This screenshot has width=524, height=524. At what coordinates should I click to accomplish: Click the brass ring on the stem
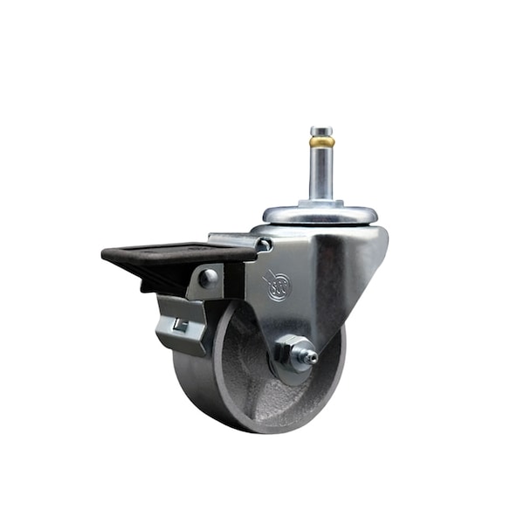coord(322,141)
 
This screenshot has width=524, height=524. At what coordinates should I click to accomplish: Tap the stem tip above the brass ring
coord(322,131)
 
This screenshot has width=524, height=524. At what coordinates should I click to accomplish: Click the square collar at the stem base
coord(322,203)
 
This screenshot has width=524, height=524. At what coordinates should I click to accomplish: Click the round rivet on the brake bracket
coord(208,279)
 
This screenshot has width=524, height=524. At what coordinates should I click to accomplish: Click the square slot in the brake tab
coord(180,325)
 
